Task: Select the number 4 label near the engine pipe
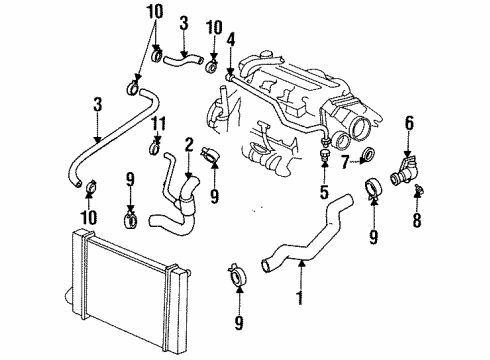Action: click(230, 39)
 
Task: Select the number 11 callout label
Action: click(155, 123)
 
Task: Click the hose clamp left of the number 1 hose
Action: click(238, 271)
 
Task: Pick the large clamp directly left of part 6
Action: click(375, 187)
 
